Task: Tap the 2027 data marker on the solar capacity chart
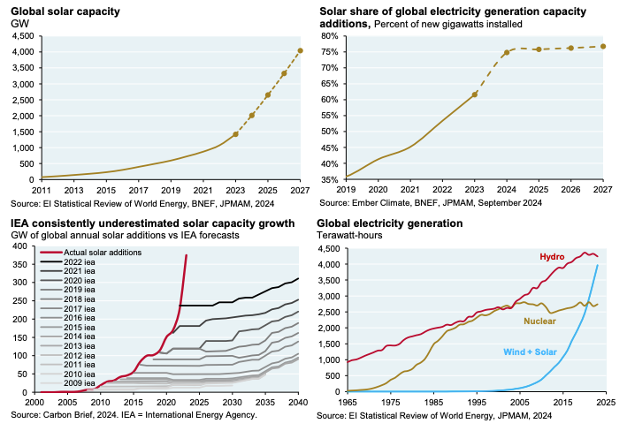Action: (300, 50)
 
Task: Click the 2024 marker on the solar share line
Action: (507, 52)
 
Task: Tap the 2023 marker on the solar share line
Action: (475, 95)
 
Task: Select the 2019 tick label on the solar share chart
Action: (346, 190)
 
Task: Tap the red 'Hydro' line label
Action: (554, 257)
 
